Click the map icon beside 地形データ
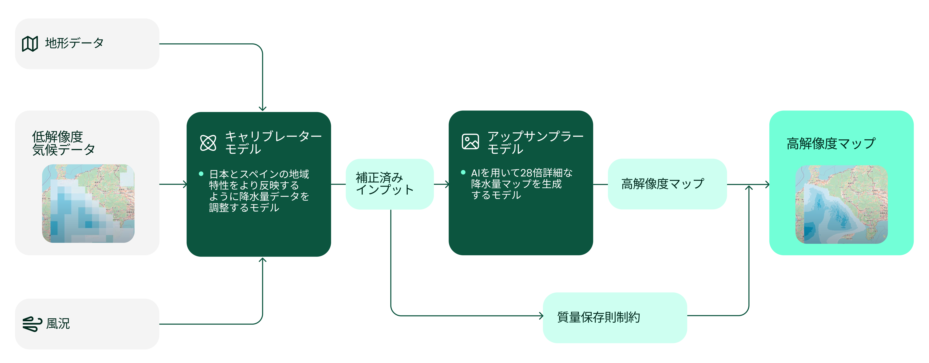pos(30,44)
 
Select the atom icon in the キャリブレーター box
pos(208,143)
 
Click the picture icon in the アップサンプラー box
pos(470,141)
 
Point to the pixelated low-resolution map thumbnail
pos(88,203)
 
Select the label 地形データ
pos(74,43)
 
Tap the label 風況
pos(58,324)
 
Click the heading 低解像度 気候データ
pos(64,143)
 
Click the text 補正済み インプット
pos(384,183)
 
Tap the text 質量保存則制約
pos(599,317)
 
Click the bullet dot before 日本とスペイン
pos(201,174)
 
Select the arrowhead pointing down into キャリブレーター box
pos(262,108)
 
